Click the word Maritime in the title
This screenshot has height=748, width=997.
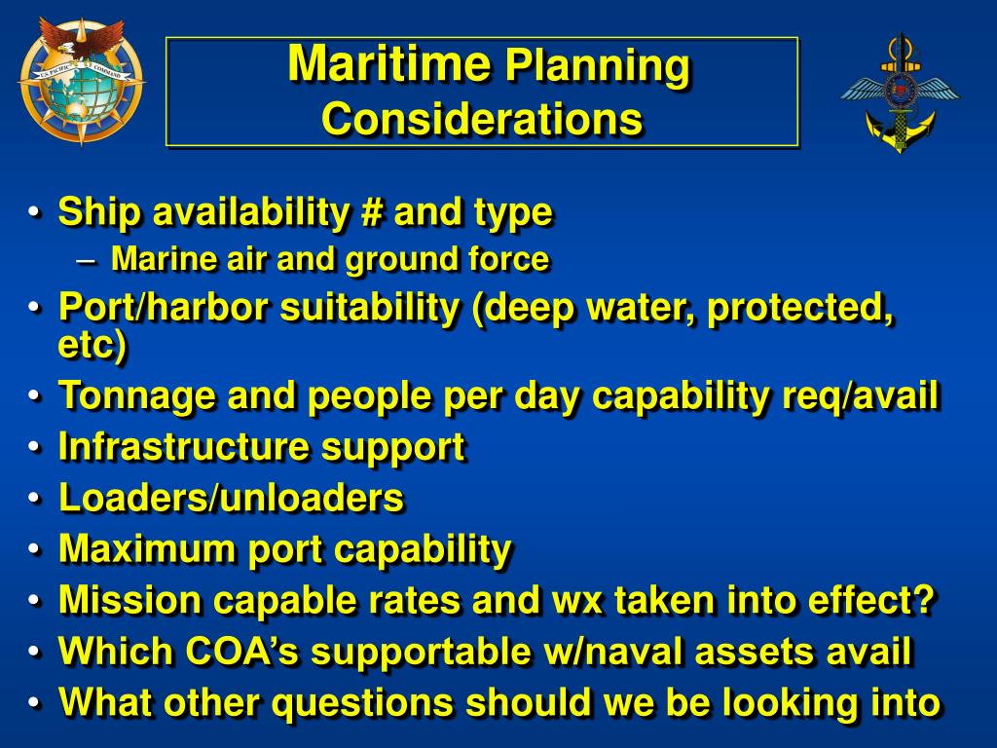(388, 64)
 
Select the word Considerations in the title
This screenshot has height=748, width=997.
(482, 120)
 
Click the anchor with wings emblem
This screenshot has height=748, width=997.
(899, 93)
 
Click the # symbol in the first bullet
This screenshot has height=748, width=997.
(368, 211)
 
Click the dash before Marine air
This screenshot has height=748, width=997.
(86, 260)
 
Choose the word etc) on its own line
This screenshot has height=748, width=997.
(92, 345)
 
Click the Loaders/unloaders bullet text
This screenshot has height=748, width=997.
(231, 498)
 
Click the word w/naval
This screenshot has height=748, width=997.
(601, 652)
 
